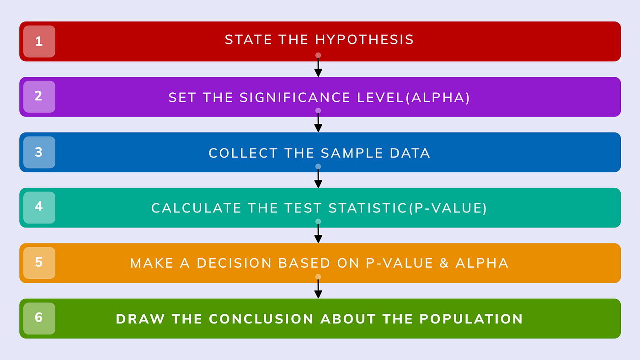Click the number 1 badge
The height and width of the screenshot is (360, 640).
point(39,42)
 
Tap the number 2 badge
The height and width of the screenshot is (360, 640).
point(39,97)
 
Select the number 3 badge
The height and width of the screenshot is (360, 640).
point(39,152)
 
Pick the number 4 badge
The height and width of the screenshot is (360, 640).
point(39,207)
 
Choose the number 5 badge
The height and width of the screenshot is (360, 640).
point(39,263)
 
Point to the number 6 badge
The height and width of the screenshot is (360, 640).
point(39,318)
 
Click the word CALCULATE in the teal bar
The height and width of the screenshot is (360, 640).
point(197,208)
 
